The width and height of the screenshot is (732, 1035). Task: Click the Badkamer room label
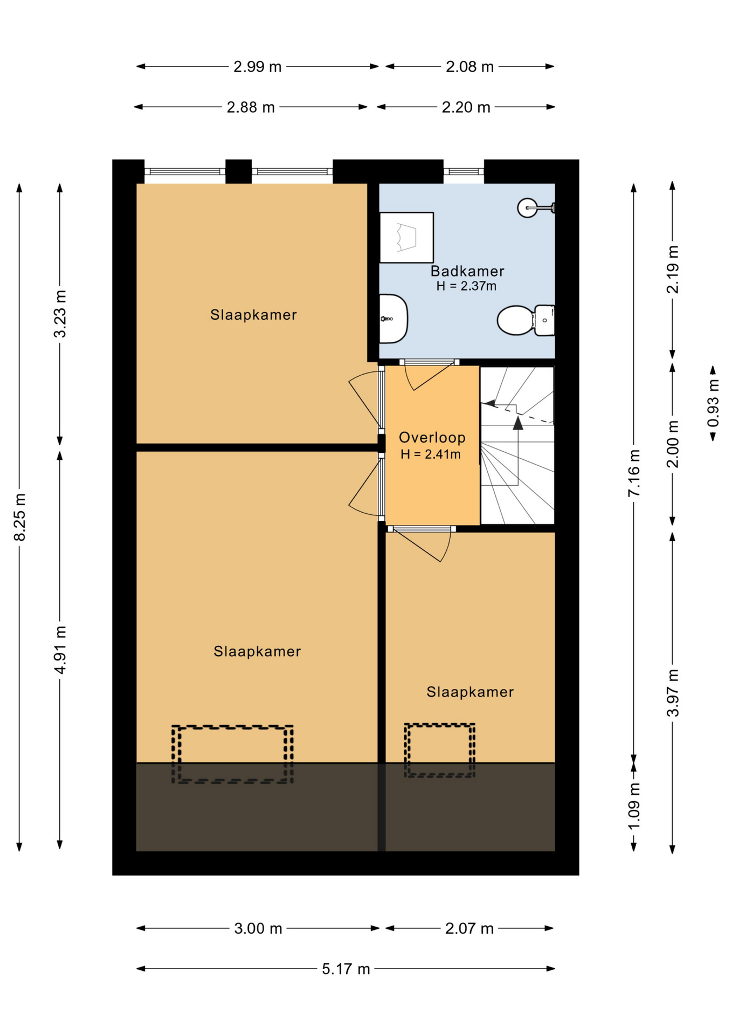[467, 271]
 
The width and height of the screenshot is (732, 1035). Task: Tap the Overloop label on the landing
[432, 437]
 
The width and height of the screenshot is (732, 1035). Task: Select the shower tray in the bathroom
[406, 238]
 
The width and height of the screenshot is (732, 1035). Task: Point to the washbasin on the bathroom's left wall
[393, 319]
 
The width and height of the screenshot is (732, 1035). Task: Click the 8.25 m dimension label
[19, 516]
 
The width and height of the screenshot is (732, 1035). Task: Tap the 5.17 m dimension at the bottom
[346, 969]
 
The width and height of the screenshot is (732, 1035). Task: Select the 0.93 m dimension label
[713, 403]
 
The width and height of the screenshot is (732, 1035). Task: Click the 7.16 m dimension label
[634, 473]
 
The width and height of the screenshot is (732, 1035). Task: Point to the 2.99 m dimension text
[257, 67]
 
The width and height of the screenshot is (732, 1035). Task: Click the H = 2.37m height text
[466, 286]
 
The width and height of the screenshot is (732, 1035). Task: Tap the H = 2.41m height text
[431, 454]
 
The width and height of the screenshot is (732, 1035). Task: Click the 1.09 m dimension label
[634, 806]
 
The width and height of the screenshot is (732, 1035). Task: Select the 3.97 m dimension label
[673, 693]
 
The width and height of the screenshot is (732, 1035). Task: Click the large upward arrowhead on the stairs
[518, 423]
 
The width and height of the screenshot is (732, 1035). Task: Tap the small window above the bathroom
[464, 171]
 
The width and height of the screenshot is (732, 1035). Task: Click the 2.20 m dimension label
[466, 107]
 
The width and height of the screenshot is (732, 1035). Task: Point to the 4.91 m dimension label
[60, 650]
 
